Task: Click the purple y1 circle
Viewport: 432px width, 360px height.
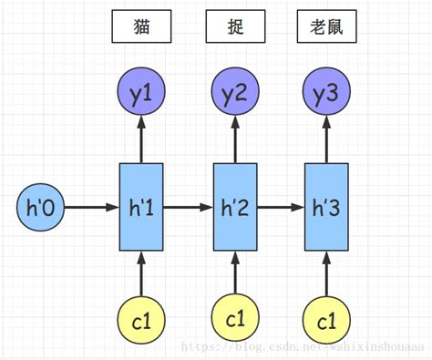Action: pyautogui.click(x=141, y=93)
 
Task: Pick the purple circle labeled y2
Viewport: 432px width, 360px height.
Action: pyautogui.click(x=236, y=93)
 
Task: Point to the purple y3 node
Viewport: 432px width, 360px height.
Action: pyautogui.click(x=326, y=93)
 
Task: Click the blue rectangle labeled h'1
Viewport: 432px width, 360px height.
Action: pyautogui.click(x=141, y=208)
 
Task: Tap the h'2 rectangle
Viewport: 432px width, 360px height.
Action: pyautogui.click(x=236, y=208)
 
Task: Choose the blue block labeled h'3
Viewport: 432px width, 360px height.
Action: pyautogui.click(x=326, y=208)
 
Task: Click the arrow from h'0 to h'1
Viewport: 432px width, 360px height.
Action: pyautogui.click(x=90, y=208)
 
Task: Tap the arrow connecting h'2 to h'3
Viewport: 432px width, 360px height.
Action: pyautogui.click(x=282, y=208)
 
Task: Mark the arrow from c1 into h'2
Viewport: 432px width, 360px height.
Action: pyautogui.click(x=236, y=273)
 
